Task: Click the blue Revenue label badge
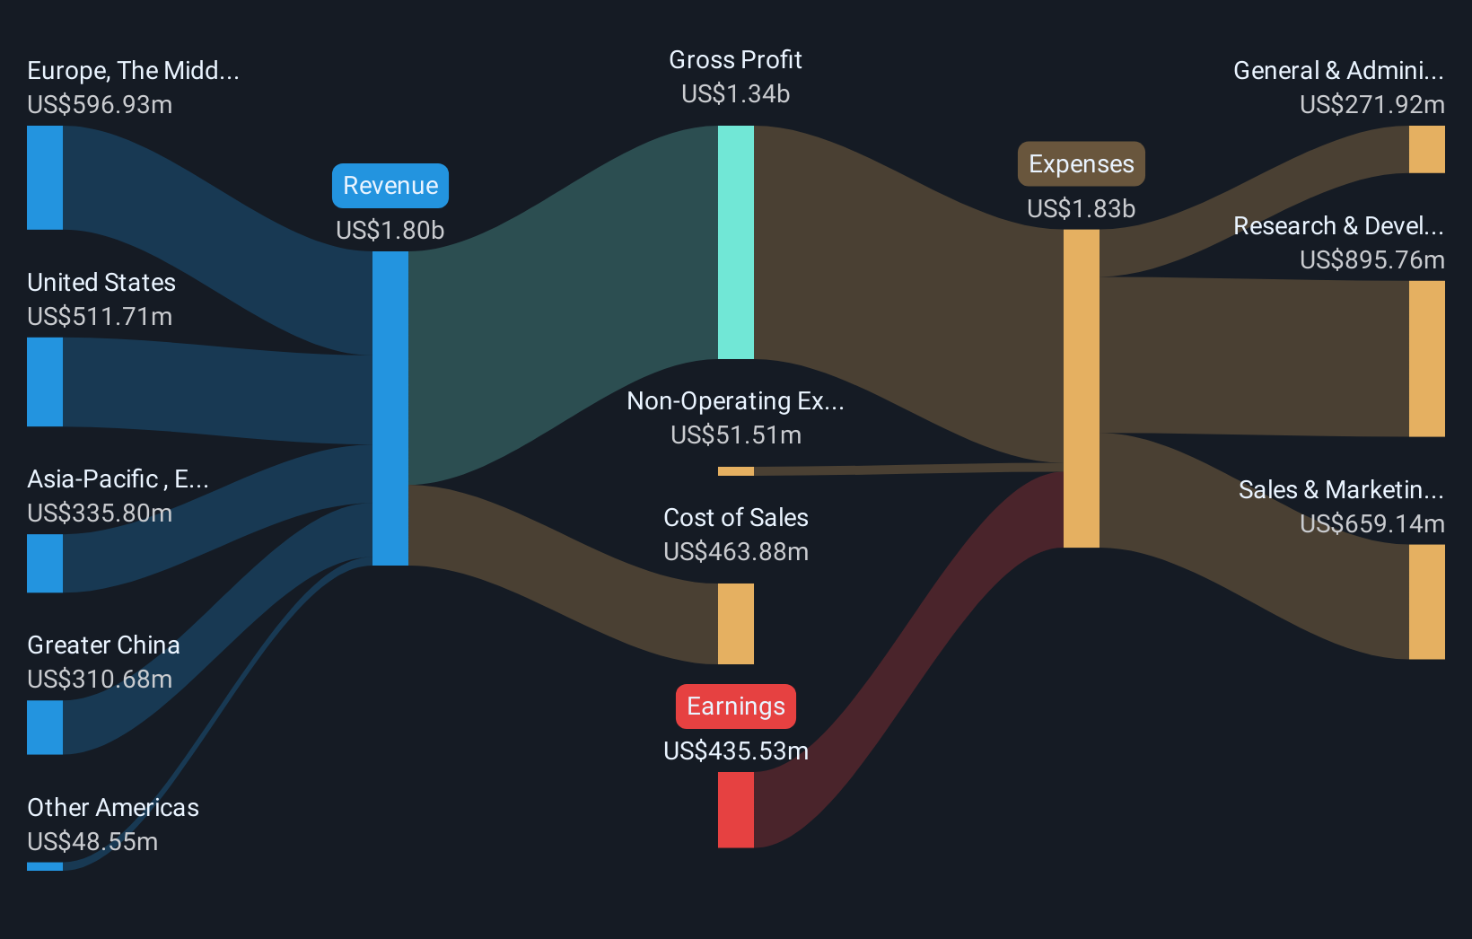pos(390,186)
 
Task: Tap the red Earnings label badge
pos(735,706)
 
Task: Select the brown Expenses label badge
pos(1081,164)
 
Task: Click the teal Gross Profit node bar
pos(735,242)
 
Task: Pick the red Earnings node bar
pos(735,810)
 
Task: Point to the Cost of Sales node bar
pos(735,624)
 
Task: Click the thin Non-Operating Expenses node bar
pos(735,471)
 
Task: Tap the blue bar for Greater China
pos(45,727)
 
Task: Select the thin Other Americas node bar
pos(45,866)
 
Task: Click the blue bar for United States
pos(45,382)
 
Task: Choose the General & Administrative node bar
pos(1426,149)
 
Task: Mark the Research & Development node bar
pos(1426,359)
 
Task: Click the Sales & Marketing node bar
pos(1426,601)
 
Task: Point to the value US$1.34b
pos(735,94)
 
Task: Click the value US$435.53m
pos(735,751)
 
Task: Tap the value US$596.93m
pos(100,105)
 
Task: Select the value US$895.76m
pos(1371,260)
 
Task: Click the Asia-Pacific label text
pos(118,479)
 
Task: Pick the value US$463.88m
pos(735,552)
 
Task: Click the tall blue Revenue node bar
pos(390,408)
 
